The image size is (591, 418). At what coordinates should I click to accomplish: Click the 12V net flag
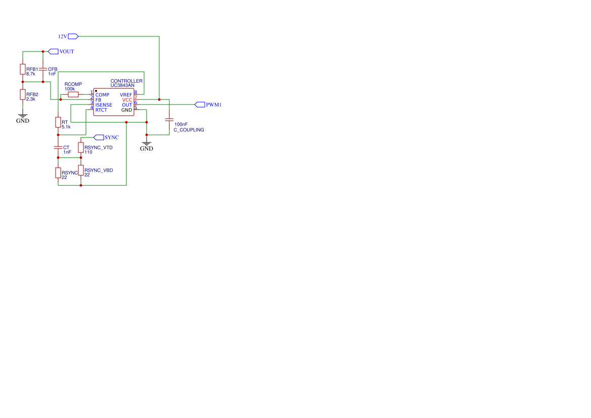click(x=73, y=36)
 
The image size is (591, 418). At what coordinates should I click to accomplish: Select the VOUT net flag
click(x=53, y=51)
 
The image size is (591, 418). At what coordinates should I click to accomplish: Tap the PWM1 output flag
click(x=200, y=104)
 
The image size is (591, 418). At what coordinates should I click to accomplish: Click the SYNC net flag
click(x=99, y=137)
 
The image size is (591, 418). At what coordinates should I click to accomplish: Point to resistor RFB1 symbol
click(x=23, y=69)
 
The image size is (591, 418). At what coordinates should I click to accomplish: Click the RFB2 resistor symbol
click(x=23, y=94)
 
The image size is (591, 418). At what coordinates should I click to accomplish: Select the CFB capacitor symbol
click(x=43, y=69)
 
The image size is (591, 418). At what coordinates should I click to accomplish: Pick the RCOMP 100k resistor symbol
click(x=73, y=94)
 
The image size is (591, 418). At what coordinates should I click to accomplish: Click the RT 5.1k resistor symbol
click(x=58, y=122)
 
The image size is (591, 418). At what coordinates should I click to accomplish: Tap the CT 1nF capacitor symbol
click(x=58, y=147)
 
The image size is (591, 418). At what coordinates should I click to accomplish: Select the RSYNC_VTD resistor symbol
click(x=81, y=147)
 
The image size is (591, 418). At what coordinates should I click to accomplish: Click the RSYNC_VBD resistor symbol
click(x=81, y=170)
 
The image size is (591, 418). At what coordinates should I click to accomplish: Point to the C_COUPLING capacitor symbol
click(x=169, y=120)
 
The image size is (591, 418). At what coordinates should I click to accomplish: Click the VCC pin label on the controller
click(x=127, y=99)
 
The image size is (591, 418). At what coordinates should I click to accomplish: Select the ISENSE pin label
click(x=104, y=105)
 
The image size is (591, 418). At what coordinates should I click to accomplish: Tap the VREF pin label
click(x=126, y=95)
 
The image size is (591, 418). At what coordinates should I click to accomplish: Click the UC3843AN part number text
click(x=122, y=85)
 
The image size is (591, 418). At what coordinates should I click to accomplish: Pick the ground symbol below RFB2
click(x=23, y=116)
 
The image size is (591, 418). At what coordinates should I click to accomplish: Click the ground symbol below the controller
click(x=147, y=144)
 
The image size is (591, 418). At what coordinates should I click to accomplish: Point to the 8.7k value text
click(x=30, y=74)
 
